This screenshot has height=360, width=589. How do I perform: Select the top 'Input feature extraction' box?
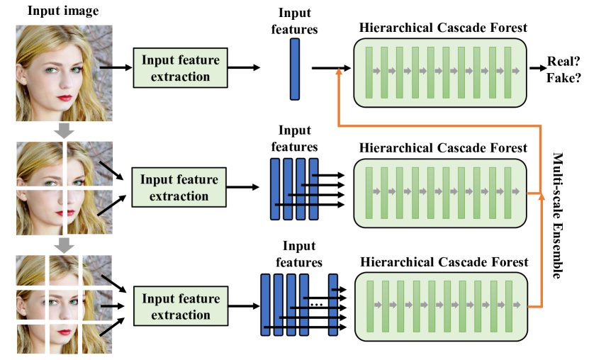[180, 68]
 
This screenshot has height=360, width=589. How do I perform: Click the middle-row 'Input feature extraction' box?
[180, 187]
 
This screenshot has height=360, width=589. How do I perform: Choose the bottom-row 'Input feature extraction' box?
[180, 307]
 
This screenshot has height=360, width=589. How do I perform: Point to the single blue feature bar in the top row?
[294, 69]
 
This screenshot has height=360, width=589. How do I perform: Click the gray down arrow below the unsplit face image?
[64, 131]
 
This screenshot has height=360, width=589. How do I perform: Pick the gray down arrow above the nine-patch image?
[64, 245]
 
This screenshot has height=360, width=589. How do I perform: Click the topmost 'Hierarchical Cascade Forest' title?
[443, 28]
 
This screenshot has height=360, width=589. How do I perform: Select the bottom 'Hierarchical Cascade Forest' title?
[444, 262]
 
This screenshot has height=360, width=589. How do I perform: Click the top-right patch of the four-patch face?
[90, 164]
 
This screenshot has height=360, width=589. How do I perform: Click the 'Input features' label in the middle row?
[294, 139]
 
